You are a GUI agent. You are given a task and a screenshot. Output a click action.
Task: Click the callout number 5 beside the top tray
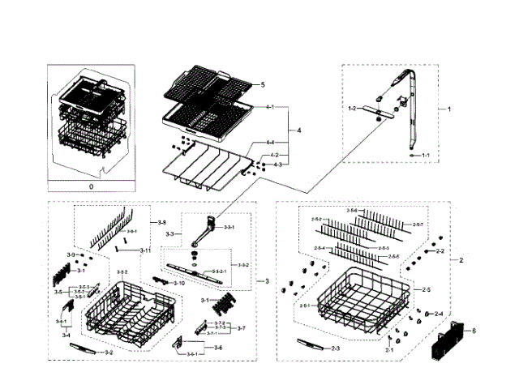[x=262, y=85]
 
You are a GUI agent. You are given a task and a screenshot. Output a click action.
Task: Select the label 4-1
[x=269, y=107]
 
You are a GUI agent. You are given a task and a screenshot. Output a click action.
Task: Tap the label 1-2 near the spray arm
[x=352, y=108]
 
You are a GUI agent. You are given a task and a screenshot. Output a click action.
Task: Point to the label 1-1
[x=425, y=154]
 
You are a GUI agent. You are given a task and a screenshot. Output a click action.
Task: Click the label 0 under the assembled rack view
[x=91, y=186]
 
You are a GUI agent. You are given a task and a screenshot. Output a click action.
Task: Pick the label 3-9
[x=71, y=255]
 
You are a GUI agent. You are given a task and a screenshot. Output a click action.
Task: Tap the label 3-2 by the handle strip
[x=108, y=353]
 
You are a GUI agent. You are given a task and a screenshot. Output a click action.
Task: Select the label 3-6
[x=217, y=348]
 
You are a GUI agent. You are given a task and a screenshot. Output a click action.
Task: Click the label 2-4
[x=438, y=314]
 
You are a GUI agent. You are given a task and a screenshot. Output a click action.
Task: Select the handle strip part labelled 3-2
[x=84, y=348]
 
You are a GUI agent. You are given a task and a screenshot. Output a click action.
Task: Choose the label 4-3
[x=277, y=165]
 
